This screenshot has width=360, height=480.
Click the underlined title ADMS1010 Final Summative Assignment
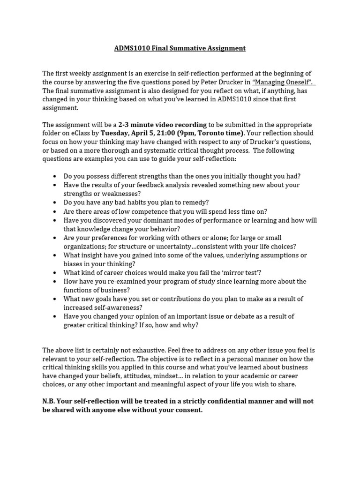(180, 48)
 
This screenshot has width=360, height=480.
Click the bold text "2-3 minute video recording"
(163, 125)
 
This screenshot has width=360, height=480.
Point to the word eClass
(82, 133)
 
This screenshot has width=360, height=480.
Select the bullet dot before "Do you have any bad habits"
(55, 202)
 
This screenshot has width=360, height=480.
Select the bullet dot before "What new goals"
(55, 299)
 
